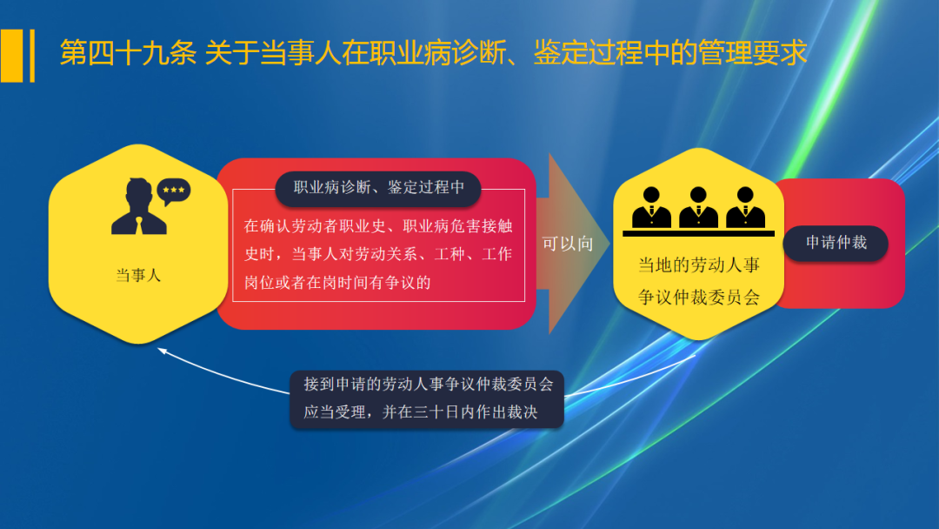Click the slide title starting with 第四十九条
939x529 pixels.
pos(432,52)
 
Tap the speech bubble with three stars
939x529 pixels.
pos(173,190)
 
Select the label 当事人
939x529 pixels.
pos(138,276)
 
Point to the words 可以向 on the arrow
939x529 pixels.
pos(568,244)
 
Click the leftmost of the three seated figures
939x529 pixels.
pos(651,208)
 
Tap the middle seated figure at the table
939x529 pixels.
pos(698,208)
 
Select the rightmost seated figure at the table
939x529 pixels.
pos(745,208)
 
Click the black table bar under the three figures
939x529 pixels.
pos(698,233)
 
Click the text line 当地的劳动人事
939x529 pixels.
pos(699,266)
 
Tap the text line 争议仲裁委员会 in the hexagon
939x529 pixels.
pos(699,298)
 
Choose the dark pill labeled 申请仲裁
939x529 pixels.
pos(836,243)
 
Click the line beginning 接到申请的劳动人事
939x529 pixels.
pos(428,384)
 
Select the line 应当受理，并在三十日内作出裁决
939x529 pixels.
pos(421,412)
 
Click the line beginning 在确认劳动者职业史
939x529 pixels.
pos(378,226)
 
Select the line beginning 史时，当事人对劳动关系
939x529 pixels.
pos(378,254)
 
